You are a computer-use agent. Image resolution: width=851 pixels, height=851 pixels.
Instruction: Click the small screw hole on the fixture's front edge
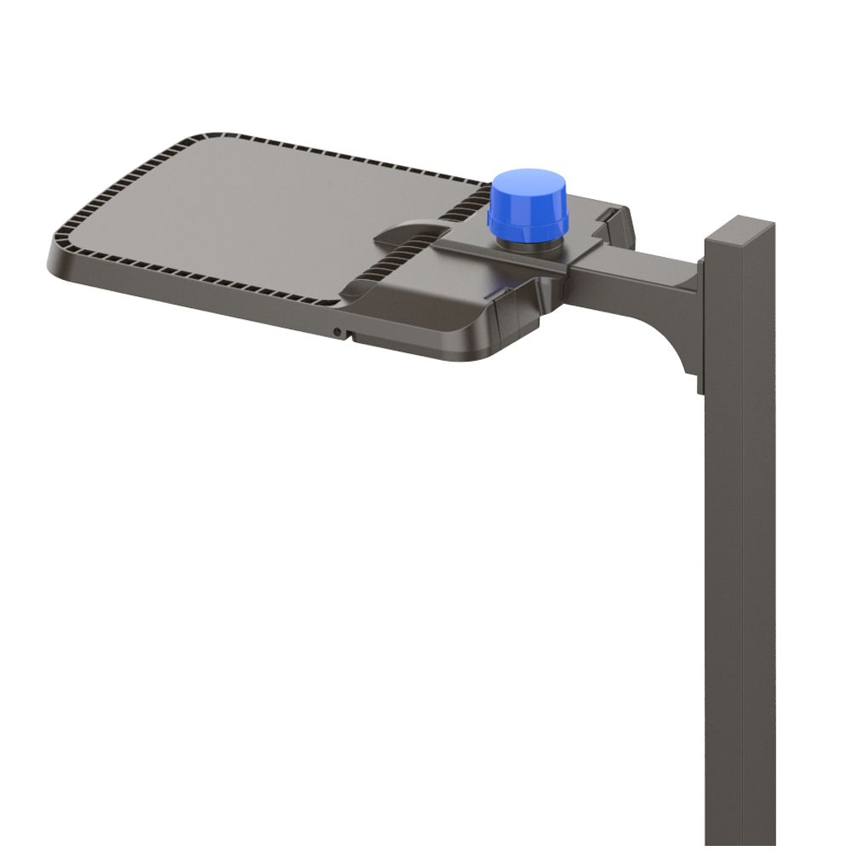point(338,331)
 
